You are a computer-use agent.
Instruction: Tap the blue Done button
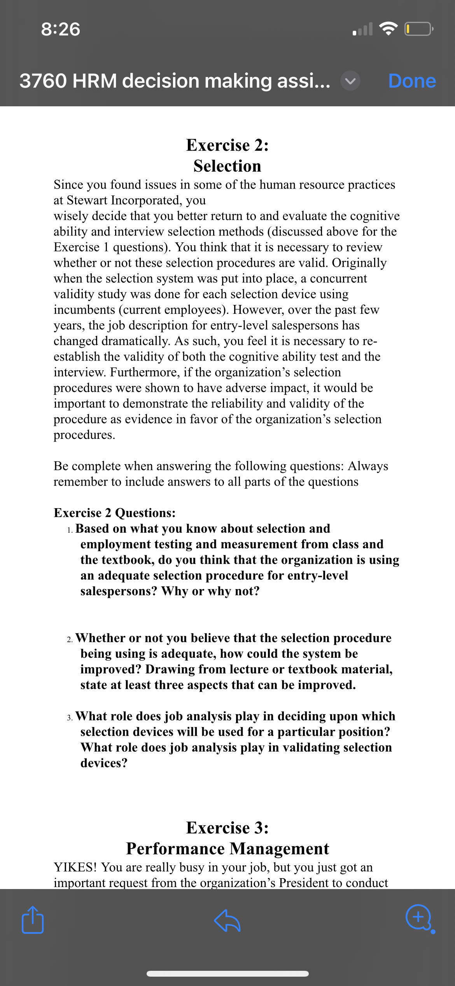pyautogui.click(x=412, y=81)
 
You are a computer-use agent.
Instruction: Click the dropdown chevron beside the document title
pyautogui.click(x=350, y=81)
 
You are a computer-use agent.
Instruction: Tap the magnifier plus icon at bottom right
pyautogui.click(x=418, y=917)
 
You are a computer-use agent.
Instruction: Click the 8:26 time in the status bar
pyautogui.click(x=61, y=29)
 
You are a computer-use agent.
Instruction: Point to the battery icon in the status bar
pyautogui.click(x=418, y=29)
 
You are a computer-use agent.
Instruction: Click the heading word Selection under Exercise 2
pyautogui.click(x=227, y=166)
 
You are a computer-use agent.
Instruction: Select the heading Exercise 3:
pyautogui.click(x=227, y=828)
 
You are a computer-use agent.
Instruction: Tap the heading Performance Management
pyautogui.click(x=227, y=849)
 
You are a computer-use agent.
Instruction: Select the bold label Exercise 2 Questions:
pyautogui.click(x=114, y=513)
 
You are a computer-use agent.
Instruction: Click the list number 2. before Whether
pyautogui.click(x=70, y=639)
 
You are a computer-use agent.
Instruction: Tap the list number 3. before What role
pyautogui.click(x=70, y=718)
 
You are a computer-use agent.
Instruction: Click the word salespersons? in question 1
pyautogui.click(x=119, y=591)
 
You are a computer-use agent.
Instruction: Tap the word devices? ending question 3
pyautogui.click(x=104, y=763)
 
